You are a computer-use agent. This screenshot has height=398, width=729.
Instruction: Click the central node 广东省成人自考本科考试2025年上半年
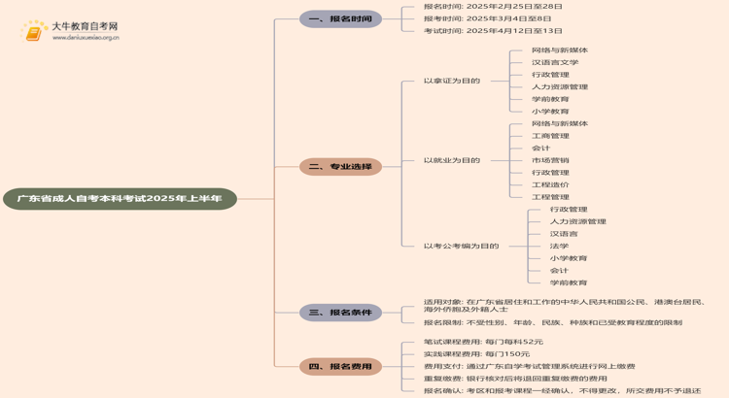(120, 199)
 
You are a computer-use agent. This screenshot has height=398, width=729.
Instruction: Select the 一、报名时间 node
(340, 18)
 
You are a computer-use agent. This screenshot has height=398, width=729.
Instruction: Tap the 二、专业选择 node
(340, 167)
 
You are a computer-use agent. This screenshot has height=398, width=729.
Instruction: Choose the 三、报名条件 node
(340, 313)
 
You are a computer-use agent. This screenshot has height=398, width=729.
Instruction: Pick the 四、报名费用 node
(340, 367)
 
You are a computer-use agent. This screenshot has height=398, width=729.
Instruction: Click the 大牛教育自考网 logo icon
(35, 32)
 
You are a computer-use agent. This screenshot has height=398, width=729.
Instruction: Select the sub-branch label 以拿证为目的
(451, 81)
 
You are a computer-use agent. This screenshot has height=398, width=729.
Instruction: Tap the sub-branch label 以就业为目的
(451, 160)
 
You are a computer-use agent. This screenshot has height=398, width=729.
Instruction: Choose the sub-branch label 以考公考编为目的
(461, 246)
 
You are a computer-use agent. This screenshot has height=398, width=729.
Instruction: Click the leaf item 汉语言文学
(554, 62)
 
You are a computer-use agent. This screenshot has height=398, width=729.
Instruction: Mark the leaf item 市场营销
(550, 160)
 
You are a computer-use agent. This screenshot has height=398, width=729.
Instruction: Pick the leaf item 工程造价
(550, 184)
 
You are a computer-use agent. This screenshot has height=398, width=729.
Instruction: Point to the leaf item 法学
(559, 246)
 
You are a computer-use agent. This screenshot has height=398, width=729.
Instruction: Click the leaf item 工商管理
(550, 136)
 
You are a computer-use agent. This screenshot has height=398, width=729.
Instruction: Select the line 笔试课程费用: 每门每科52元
(483, 342)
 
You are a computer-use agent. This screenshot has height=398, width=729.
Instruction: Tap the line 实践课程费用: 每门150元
(476, 354)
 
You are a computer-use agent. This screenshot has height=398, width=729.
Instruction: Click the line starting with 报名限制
(552, 322)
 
